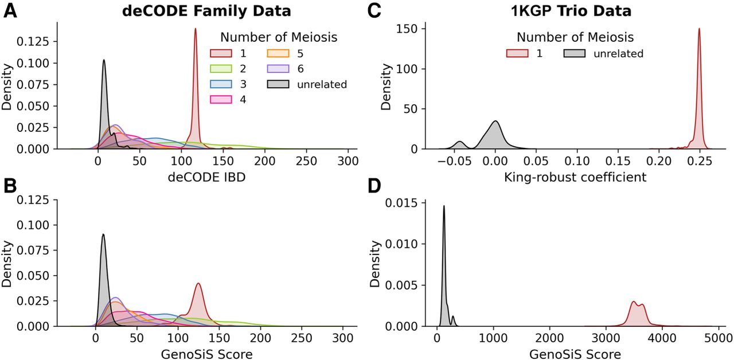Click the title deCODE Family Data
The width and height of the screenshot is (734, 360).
pos(206,11)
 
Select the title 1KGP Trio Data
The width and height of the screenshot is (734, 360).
pos(571,11)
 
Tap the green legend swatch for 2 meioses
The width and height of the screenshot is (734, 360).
pos(221,68)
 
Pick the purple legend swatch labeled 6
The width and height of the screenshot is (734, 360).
pos(278,68)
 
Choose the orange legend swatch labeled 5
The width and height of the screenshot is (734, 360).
pos(278,53)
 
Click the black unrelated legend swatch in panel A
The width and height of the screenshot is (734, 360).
pos(278,84)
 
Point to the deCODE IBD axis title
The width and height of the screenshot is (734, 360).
pos(207,177)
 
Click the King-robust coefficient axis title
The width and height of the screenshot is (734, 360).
pos(575,177)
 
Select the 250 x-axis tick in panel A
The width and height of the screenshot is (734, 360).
pos(306,161)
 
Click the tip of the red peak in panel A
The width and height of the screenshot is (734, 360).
pos(196,29)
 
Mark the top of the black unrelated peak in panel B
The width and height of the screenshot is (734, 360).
pos(103,234)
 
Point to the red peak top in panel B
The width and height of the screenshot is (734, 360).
pos(198,283)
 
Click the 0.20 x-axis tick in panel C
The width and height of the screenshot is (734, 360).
pos(659,161)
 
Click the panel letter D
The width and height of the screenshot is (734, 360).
pos(374,186)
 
